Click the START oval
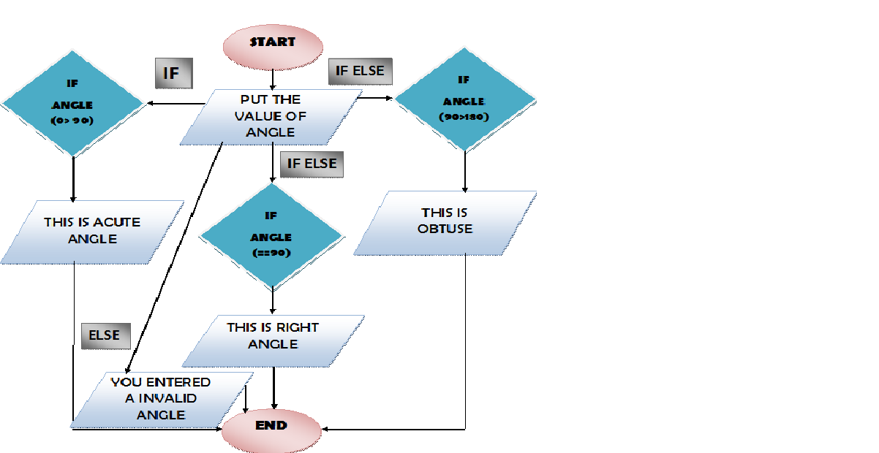click(x=273, y=42)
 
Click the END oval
click(x=271, y=425)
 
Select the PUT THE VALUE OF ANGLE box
click(x=271, y=115)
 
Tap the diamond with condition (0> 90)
click(x=72, y=104)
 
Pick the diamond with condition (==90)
click(x=271, y=236)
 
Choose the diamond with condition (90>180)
click(x=464, y=100)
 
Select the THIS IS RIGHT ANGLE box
click(x=273, y=335)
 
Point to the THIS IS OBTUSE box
click(x=446, y=221)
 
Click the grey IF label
click(x=173, y=75)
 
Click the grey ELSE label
click(x=105, y=335)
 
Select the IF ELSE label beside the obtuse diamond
click(x=361, y=72)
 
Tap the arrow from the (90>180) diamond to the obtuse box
click(x=465, y=172)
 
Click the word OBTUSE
click(x=446, y=229)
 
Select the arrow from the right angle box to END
click(x=273, y=387)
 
